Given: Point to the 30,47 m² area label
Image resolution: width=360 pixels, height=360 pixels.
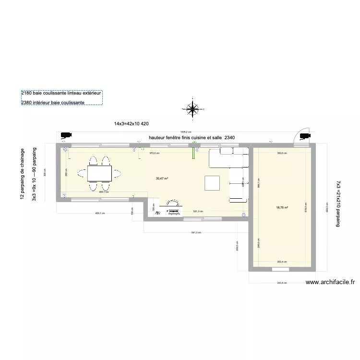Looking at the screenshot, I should [x=162, y=178].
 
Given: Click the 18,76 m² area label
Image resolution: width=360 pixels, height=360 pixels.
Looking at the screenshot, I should [x=282, y=208].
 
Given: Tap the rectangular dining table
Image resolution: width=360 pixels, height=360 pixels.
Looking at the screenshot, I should [x=100, y=172].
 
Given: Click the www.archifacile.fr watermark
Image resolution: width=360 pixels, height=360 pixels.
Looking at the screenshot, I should [x=330, y=283].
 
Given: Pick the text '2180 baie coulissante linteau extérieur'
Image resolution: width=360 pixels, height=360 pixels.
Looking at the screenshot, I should [x=61, y=93].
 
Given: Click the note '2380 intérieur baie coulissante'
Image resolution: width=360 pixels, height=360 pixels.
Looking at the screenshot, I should [x=53, y=103].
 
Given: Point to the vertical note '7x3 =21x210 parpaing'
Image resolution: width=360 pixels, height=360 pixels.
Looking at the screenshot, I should [x=338, y=204].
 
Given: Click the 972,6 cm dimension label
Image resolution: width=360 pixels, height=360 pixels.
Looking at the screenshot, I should [x=155, y=153].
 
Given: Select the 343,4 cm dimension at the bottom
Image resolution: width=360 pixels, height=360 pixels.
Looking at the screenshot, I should [x=281, y=283].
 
